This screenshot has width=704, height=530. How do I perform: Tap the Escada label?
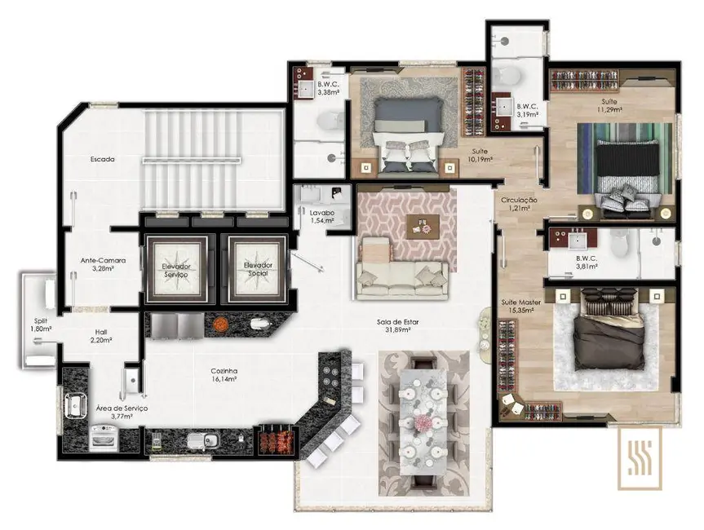(103, 160)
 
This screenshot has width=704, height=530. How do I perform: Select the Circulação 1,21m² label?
(519, 204)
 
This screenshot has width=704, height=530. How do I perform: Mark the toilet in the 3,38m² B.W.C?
(329, 121)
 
